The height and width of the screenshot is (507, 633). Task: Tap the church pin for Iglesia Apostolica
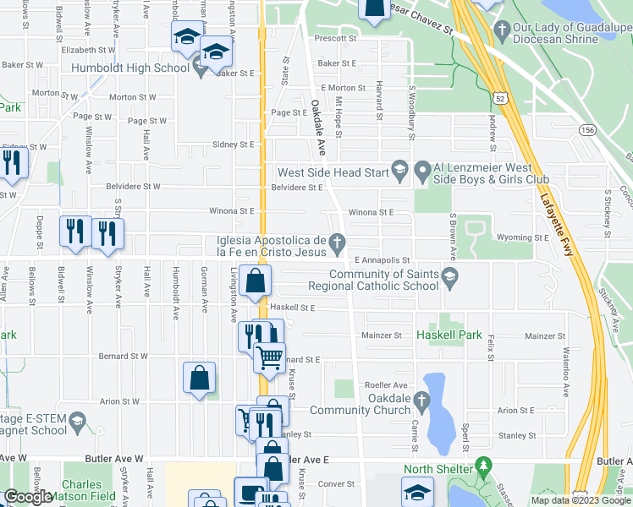coord(339,245)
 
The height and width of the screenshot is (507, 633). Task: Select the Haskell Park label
coord(449,335)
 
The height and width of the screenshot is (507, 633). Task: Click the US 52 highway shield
coord(503,99)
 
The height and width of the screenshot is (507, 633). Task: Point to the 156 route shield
coord(586,129)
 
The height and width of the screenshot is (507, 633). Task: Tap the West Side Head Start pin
coord(399,172)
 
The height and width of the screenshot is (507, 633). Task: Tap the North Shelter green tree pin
coord(483,466)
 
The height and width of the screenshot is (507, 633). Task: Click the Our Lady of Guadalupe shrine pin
coord(499,28)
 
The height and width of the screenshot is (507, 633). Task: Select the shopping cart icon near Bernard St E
coord(270,357)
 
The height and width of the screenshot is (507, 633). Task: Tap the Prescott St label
coord(335,39)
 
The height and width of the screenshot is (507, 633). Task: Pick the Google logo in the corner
coord(28,497)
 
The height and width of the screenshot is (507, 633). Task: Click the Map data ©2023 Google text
coord(579,500)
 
